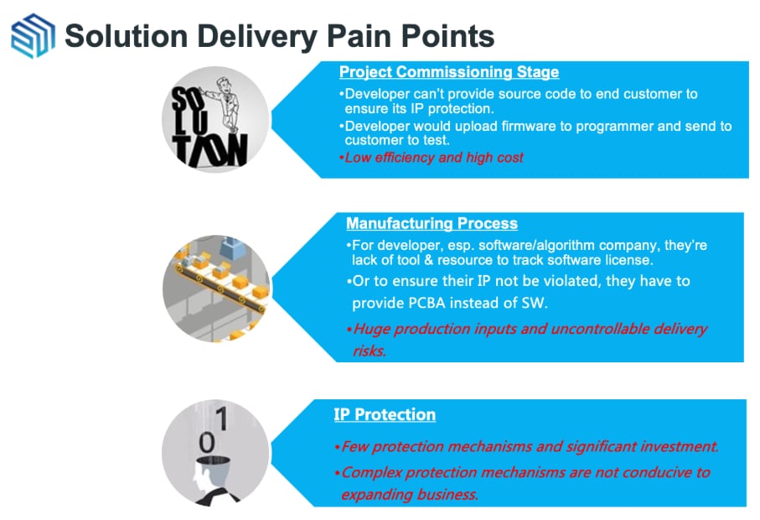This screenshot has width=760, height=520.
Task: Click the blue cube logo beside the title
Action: click(x=33, y=35)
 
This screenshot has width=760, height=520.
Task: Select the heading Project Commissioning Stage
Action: click(x=449, y=72)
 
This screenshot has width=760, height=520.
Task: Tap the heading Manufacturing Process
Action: click(x=432, y=224)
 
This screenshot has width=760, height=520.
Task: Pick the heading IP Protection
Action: click(x=385, y=414)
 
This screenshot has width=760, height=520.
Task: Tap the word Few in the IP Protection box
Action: click(x=354, y=447)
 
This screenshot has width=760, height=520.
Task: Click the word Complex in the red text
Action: click(x=373, y=472)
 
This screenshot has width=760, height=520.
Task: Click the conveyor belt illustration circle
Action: click(x=216, y=288)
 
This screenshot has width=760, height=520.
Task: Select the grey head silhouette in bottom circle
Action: click(x=204, y=481)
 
